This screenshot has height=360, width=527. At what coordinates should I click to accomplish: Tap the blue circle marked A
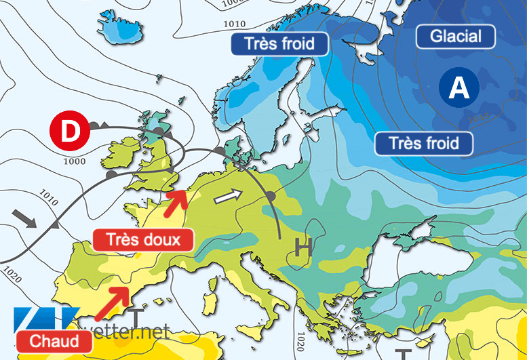459,87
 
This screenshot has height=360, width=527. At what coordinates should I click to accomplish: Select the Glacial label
455,37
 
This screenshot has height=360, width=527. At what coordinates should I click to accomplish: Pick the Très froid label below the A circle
424,143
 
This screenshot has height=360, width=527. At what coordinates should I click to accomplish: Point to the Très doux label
142,239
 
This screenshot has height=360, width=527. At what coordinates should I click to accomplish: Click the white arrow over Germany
227,197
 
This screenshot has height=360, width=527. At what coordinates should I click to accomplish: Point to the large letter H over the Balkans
303,249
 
